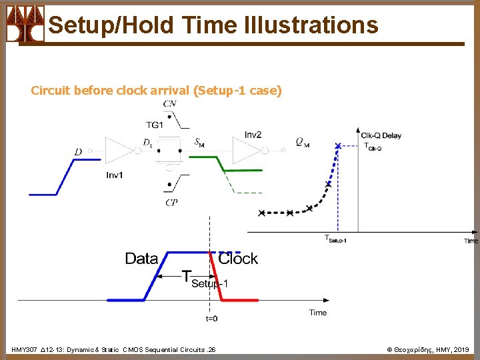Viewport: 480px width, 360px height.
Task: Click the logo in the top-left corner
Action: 25,23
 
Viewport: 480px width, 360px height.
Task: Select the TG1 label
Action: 154,125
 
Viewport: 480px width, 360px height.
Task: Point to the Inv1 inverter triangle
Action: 119,151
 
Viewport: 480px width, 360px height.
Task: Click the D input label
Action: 78,152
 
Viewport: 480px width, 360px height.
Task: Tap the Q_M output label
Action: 302,142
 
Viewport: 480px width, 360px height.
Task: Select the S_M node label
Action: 199,141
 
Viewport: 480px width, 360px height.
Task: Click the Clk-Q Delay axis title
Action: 381,135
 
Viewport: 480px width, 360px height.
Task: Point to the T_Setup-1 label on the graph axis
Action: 335,239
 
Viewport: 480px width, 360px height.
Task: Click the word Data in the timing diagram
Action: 141,259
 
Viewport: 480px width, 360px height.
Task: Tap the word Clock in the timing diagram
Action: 238,259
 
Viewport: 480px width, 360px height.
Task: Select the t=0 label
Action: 211,319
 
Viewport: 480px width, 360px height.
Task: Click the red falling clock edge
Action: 216,277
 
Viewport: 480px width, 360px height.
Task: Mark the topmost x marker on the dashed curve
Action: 338,145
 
